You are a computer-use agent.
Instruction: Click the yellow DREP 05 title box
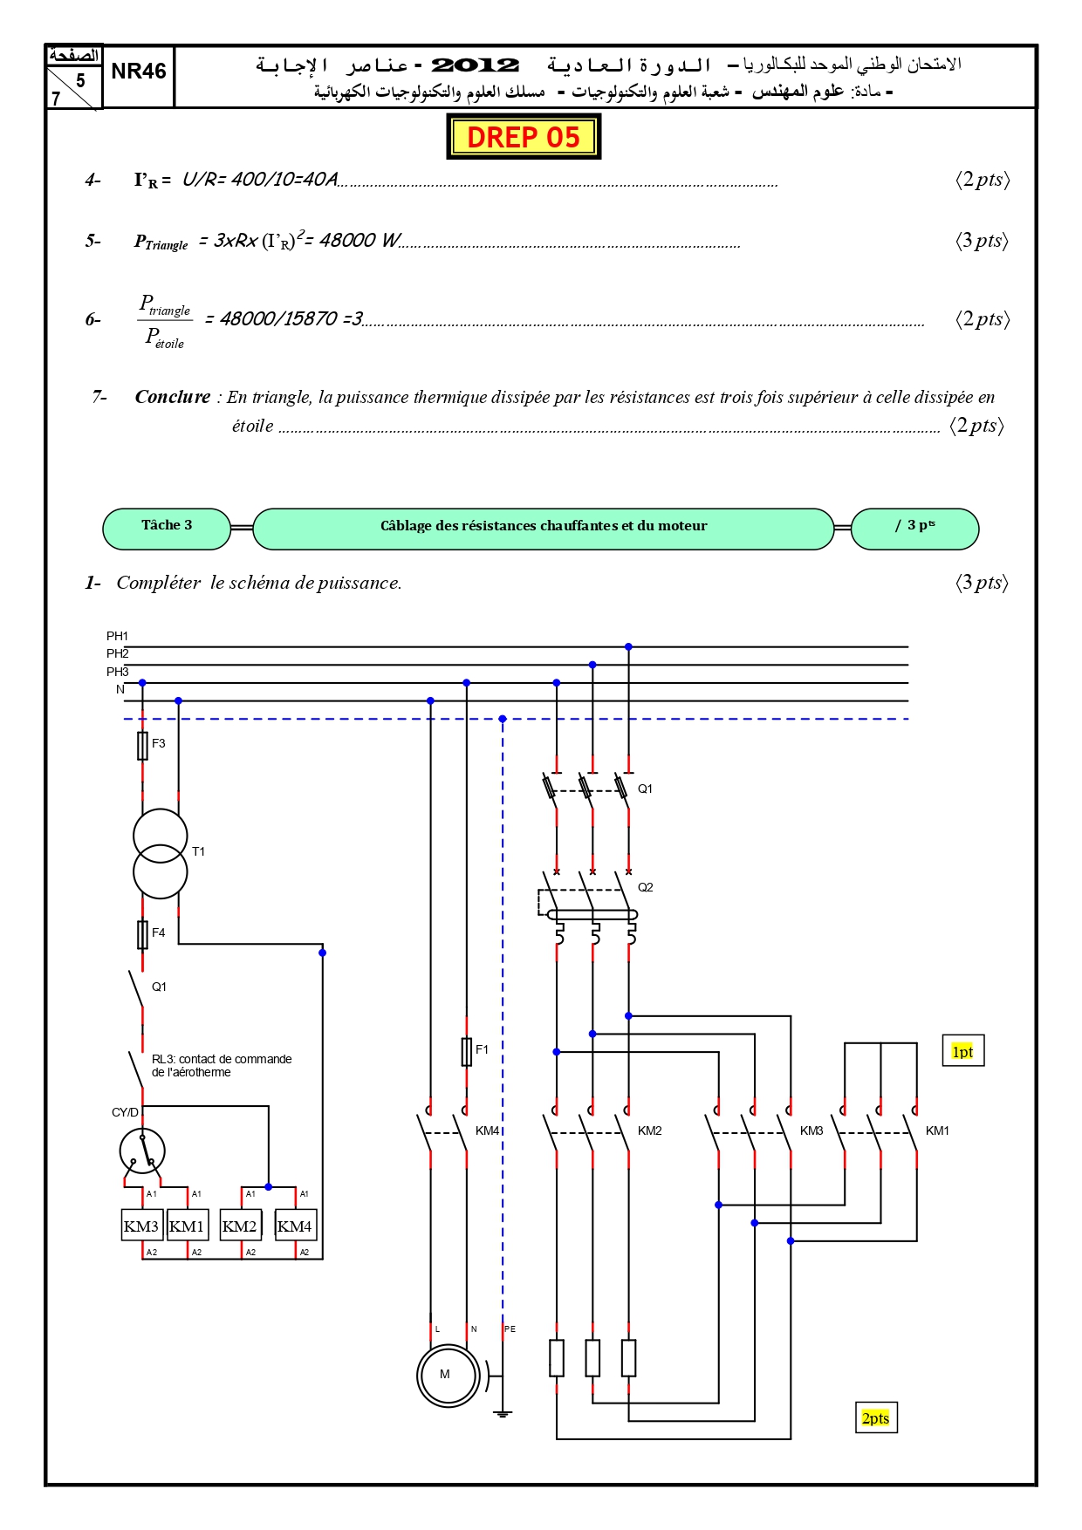tap(524, 137)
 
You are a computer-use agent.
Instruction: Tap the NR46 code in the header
tap(139, 72)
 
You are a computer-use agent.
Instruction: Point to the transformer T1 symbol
tap(161, 854)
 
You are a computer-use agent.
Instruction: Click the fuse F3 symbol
tap(142, 746)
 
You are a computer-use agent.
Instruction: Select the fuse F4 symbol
tap(142, 934)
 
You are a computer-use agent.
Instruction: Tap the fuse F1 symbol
tap(467, 1051)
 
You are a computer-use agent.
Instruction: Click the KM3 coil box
tap(141, 1226)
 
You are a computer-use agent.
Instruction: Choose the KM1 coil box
tap(187, 1226)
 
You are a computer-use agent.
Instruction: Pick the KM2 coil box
tap(240, 1226)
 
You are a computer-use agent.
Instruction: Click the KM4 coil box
tap(295, 1226)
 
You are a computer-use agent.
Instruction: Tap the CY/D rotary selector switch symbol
tap(142, 1151)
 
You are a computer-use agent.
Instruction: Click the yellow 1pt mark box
tap(962, 1051)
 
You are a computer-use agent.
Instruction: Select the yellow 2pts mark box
tap(876, 1417)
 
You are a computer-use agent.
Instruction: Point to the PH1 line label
tap(117, 636)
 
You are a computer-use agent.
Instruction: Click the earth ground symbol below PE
tap(503, 1412)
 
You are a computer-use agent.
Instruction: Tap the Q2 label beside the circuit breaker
tap(645, 887)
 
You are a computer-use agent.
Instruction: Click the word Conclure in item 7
tap(173, 397)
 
